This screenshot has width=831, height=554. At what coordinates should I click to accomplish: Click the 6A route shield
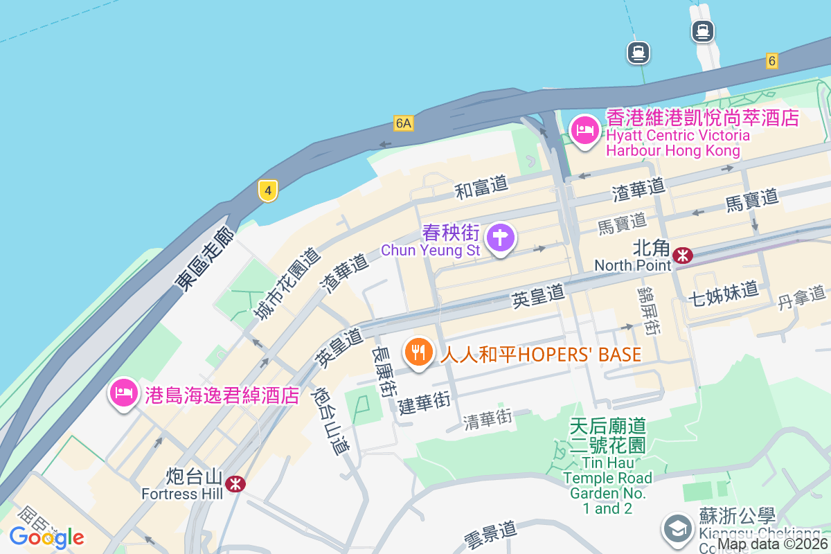pyautogui.click(x=403, y=123)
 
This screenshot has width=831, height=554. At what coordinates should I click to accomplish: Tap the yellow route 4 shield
pyautogui.click(x=268, y=190)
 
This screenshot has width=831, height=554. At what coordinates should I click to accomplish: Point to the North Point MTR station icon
pyautogui.click(x=683, y=256)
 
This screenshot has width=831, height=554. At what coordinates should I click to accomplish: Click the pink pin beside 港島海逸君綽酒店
pyautogui.click(x=123, y=394)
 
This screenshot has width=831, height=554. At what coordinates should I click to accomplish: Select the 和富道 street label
pyautogui.click(x=481, y=187)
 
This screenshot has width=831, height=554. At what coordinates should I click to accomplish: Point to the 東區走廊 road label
pyautogui.click(x=205, y=260)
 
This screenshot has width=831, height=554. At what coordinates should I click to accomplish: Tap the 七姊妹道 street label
pyautogui.click(x=723, y=294)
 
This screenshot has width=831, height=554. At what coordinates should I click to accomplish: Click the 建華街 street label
pyautogui.click(x=425, y=403)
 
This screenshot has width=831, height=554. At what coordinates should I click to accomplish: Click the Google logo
pyautogui.click(x=46, y=537)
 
